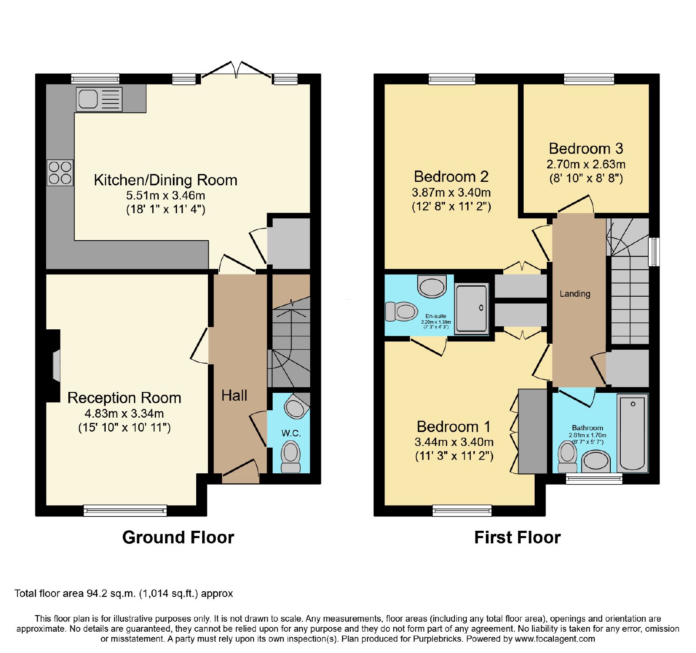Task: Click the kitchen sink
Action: coord(99,99)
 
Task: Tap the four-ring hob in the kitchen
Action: coord(60,173)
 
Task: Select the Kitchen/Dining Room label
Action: coord(166,180)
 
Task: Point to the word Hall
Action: coord(234,395)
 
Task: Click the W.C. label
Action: coord(291,433)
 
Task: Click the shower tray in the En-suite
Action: coord(471,308)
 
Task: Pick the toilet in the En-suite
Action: coord(402,311)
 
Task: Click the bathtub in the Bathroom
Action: coord(632,433)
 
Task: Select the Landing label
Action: coord(575,294)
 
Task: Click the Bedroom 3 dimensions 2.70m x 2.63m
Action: coord(586,164)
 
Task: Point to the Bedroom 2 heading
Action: coord(451,177)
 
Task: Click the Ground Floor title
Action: coord(178,538)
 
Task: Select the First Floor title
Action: coord(517,538)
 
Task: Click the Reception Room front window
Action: coord(125,510)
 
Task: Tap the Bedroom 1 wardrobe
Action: coord(532,431)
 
